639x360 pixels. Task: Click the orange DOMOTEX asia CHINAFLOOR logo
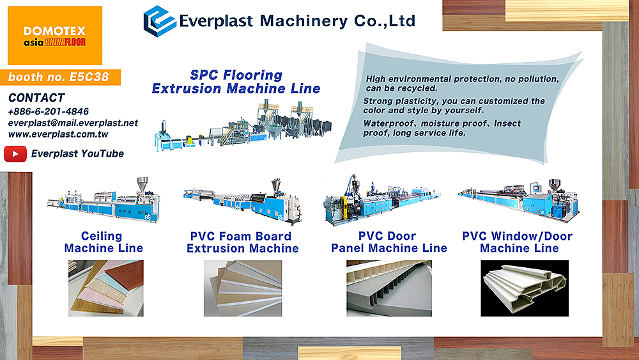point(55,35)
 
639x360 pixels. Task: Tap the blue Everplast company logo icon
point(159,21)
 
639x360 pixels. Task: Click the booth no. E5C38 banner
point(60,77)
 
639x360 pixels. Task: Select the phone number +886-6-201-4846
point(48,111)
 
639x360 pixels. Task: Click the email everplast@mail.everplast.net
point(73,123)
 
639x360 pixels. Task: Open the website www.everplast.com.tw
point(58,134)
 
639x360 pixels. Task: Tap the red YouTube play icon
point(15,153)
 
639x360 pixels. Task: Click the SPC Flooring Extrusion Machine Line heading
point(236,82)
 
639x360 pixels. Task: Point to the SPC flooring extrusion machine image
point(243,125)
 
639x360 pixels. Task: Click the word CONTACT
point(36,98)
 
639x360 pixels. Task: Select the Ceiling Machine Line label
point(104,242)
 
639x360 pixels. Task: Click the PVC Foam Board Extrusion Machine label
point(242,242)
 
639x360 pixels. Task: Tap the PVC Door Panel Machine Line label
point(389,242)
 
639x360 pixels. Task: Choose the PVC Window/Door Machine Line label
point(518,242)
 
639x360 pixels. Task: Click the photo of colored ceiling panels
point(106,288)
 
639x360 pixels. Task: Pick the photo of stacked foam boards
point(243,288)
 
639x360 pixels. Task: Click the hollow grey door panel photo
point(389,288)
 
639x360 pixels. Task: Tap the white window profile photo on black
point(525,288)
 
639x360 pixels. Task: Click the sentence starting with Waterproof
point(442,128)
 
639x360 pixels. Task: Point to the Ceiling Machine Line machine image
point(104,200)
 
